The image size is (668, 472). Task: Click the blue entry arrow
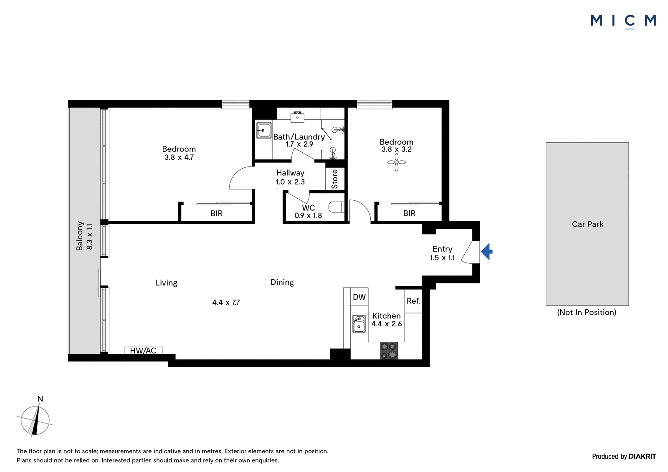[487, 252]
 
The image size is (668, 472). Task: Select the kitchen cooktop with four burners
[389, 350]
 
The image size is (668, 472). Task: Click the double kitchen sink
[359, 323]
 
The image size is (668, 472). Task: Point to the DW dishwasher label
[359, 297]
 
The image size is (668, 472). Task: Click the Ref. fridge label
[413, 301]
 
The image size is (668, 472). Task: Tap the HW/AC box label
[143, 351]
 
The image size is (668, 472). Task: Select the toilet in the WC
[337, 207]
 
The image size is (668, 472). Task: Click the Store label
[334, 179]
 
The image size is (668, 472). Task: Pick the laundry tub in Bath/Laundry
[264, 130]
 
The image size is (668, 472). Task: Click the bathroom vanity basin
[297, 116]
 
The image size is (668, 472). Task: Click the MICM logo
[623, 21]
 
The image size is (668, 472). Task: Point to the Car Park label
[587, 224]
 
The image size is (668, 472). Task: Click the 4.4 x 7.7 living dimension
[226, 302]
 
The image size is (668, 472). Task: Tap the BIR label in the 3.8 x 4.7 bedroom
[217, 214]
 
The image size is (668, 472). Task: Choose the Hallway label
[290, 173]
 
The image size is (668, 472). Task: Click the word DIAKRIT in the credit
[642, 456]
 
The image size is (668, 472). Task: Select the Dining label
[282, 283]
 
